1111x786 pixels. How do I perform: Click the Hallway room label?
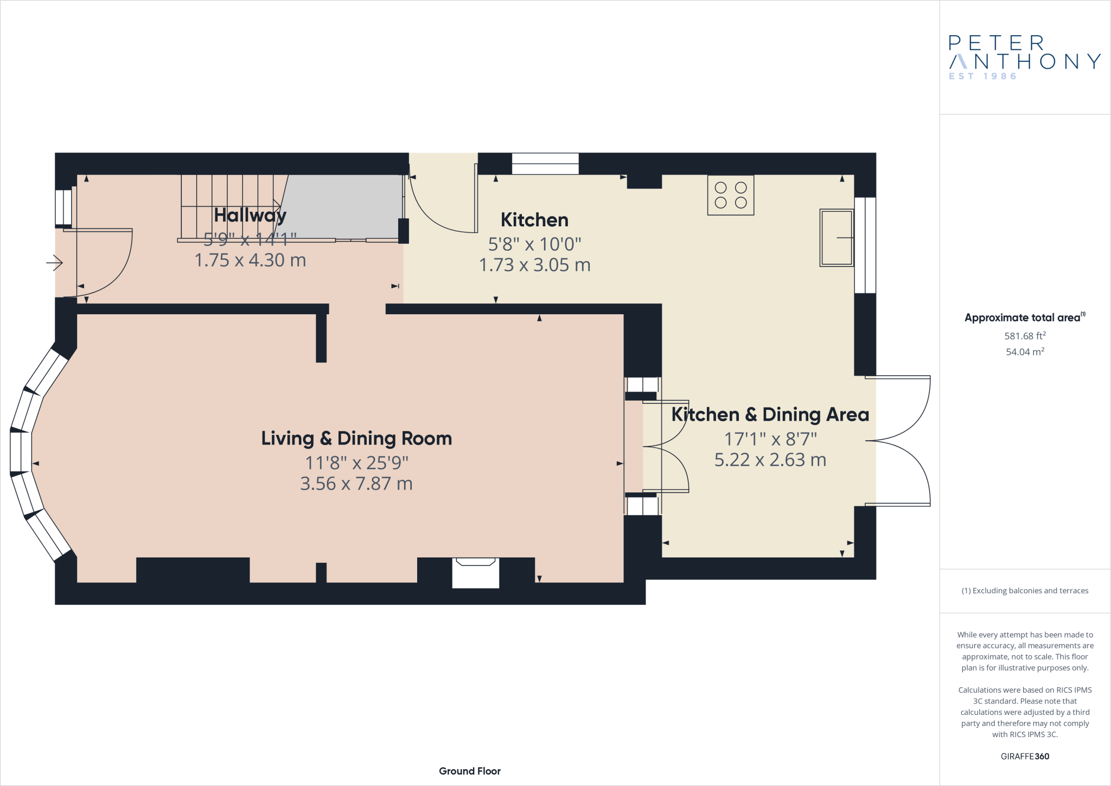[x=250, y=215]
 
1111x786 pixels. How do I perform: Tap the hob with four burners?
[x=730, y=195]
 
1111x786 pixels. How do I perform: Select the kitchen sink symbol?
[x=836, y=238]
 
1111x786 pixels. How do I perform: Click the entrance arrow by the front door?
[x=54, y=263]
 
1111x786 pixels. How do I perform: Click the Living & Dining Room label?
[x=356, y=439]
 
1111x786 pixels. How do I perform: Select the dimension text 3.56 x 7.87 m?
[x=356, y=484]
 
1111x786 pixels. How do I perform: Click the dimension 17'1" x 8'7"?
[x=770, y=439]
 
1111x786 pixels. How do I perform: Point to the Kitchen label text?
[x=534, y=220]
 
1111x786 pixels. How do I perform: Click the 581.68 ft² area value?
[x=1025, y=336]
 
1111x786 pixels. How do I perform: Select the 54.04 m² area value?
[x=1025, y=352]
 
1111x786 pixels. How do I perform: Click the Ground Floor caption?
[x=470, y=771]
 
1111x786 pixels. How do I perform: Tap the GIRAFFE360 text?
[x=1025, y=756]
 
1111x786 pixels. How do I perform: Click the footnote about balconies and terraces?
[x=1025, y=591]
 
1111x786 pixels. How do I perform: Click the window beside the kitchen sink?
[x=865, y=245]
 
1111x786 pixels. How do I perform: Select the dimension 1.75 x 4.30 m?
[x=250, y=261]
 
